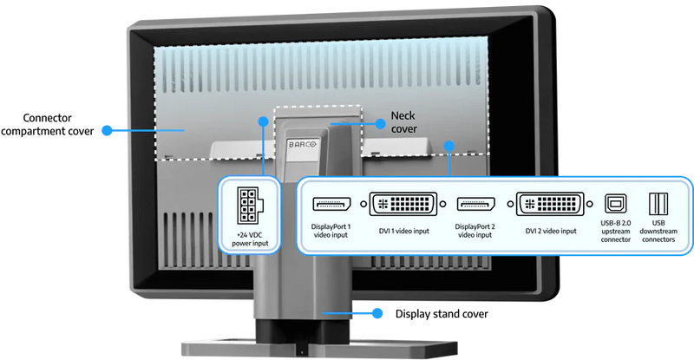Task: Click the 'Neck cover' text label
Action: click(x=403, y=121)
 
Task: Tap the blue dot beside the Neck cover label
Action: click(x=379, y=123)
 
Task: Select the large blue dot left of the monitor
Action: click(x=106, y=130)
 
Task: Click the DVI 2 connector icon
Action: click(x=550, y=205)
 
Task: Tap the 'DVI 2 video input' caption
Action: click(x=550, y=231)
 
